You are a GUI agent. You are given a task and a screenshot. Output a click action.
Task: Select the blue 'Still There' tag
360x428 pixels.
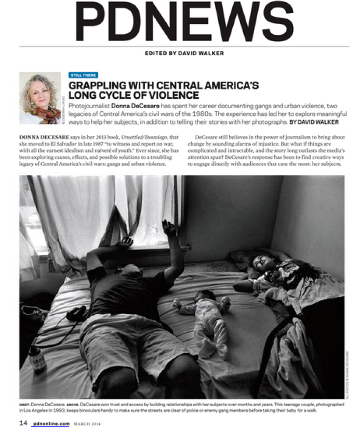tap(83, 75)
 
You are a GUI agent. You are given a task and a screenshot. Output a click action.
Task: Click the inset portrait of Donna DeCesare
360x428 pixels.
tap(39, 98)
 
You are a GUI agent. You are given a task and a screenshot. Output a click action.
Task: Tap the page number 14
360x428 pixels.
tap(23, 423)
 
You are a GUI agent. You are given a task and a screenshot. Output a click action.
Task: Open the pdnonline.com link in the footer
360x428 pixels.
tap(50, 423)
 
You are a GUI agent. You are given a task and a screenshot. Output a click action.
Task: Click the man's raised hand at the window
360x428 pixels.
tap(169, 228)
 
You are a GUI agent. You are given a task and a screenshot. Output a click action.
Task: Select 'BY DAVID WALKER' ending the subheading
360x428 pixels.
tap(314, 122)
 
